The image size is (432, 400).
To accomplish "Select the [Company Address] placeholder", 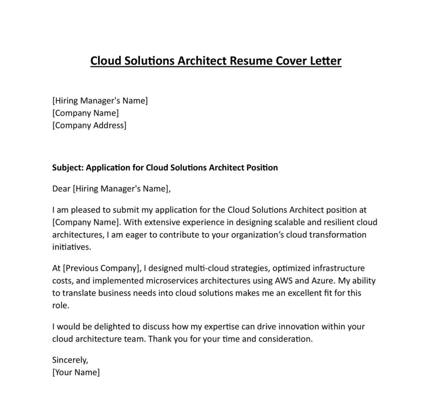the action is pos(89,125).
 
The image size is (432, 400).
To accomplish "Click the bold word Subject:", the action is pos(67,168).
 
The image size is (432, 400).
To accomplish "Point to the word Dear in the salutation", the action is pos(61,189).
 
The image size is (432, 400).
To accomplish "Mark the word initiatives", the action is pos(71,247).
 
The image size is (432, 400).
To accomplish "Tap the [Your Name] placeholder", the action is pos(76,373).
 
